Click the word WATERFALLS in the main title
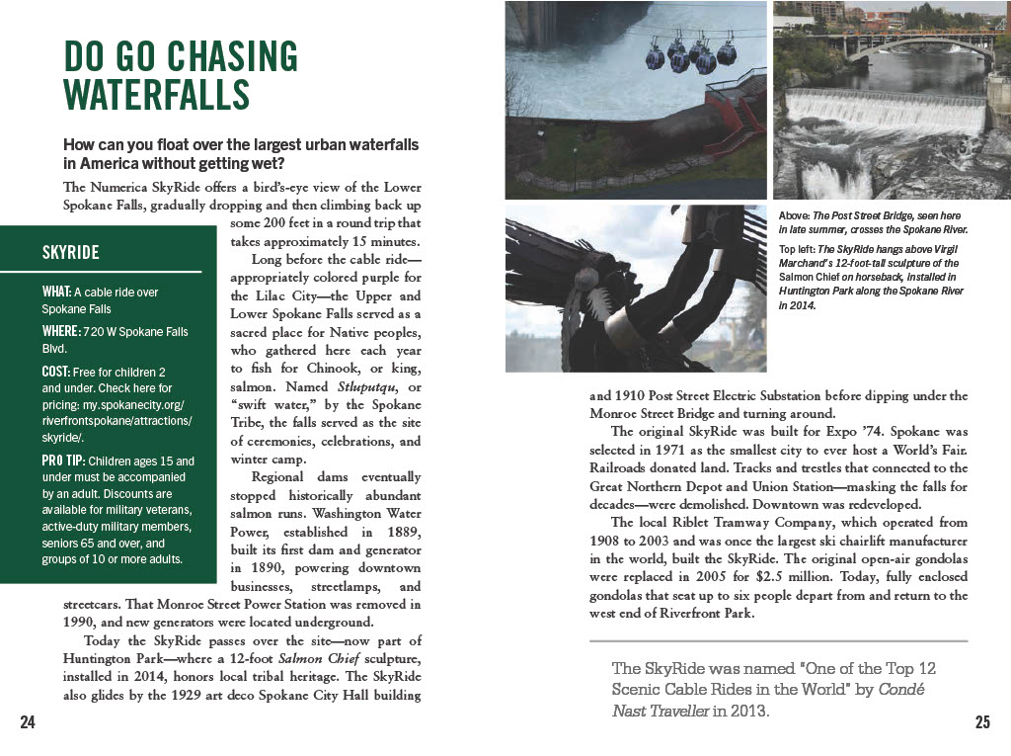click(156, 96)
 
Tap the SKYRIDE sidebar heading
click(71, 252)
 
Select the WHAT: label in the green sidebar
click(56, 293)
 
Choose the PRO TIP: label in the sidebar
click(62, 462)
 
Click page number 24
click(28, 722)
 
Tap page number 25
click(982, 722)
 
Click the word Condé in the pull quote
click(902, 689)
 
